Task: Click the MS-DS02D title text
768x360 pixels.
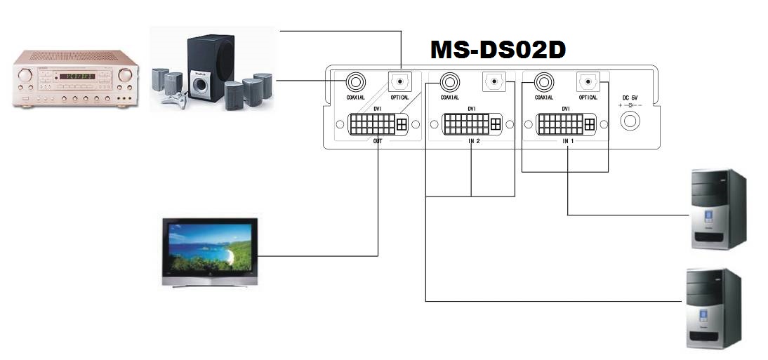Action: (498, 50)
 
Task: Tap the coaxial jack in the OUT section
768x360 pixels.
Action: (355, 82)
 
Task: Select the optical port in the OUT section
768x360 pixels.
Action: (399, 82)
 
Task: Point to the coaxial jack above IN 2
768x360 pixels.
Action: (449, 82)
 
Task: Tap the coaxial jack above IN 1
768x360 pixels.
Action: (543, 82)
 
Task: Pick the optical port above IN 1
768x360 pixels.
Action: (587, 82)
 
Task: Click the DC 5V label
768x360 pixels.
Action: (630, 98)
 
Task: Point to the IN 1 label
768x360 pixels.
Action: (568, 140)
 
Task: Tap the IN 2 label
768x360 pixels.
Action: (474, 140)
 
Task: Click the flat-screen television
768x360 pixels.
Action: (210, 251)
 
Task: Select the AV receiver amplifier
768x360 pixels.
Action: (75, 79)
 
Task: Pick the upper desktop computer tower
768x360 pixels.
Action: (718, 208)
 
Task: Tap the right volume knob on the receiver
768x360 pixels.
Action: (125, 75)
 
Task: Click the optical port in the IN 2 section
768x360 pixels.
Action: (494, 82)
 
